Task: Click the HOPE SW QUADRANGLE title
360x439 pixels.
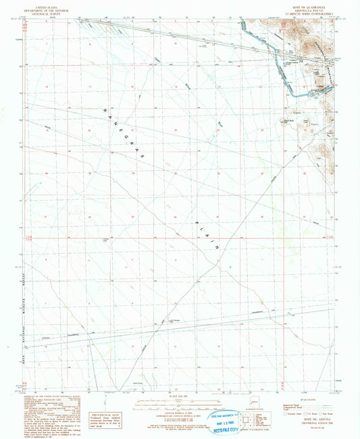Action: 301,4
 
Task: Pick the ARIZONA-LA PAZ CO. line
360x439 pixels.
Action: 301,7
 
